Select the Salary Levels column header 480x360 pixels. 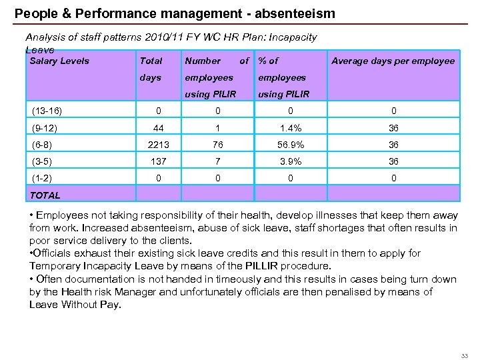[59, 61]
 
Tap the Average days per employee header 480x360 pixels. [393, 61]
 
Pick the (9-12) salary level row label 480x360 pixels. [44, 127]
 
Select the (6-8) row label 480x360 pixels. [42, 145]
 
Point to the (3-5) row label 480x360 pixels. [42, 161]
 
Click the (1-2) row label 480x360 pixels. [42, 178]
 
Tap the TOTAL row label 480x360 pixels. [45, 195]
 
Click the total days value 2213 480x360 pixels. [159, 145]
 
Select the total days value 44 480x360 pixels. [159, 127]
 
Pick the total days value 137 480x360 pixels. [159, 161]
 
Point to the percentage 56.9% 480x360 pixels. [290, 145]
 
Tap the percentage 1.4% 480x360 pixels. [290, 127]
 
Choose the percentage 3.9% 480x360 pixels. [290, 161]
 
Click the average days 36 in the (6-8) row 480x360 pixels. [393, 145]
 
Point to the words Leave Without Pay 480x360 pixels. [75, 305]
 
